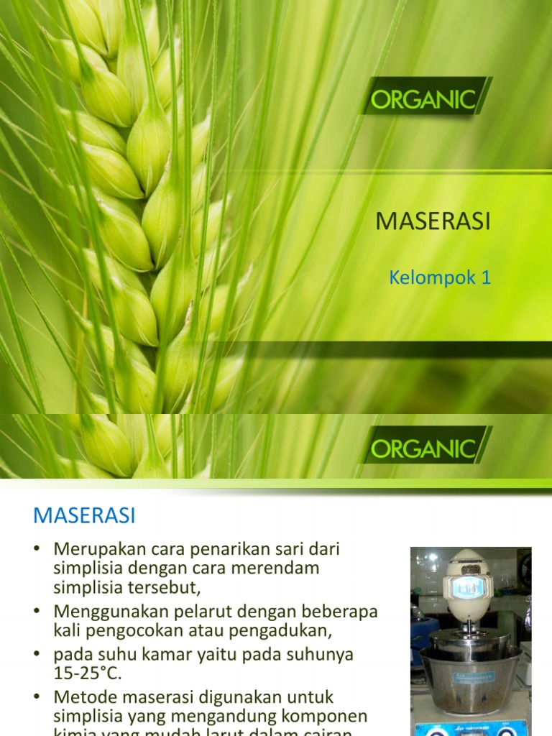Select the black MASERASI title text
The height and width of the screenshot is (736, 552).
click(x=433, y=222)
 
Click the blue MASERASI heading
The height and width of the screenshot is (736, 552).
click(x=85, y=515)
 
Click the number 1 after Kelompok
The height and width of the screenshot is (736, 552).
click(x=486, y=278)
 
